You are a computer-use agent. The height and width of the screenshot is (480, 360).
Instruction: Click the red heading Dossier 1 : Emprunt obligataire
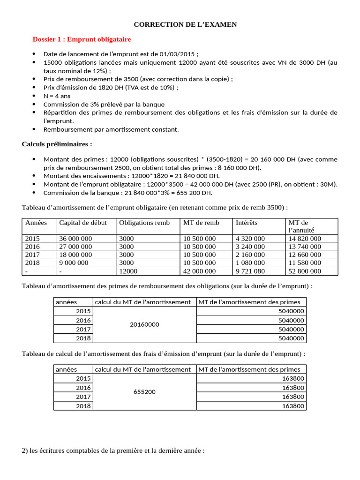[x=82, y=39]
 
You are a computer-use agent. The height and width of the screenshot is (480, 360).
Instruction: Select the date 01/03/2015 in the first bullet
[x=178, y=54]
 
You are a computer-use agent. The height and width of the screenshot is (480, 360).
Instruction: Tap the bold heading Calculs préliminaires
[x=57, y=143]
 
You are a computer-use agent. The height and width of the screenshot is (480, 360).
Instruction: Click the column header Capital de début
[x=82, y=223]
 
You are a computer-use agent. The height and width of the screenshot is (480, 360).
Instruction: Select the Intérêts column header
[x=247, y=223]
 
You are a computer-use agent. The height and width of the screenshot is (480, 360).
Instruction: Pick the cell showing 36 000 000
[x=75, y=239]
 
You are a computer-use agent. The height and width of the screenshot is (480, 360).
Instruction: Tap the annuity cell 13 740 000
[x=305, y=247]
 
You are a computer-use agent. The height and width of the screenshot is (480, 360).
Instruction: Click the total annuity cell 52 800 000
[x=305, y=271]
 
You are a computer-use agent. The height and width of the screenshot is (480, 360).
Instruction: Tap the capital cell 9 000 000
[x=74, y=262]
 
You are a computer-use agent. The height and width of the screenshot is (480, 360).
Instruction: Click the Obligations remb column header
[x=144, y=223]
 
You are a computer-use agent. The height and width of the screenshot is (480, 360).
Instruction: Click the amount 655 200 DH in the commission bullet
[x=194, y=193]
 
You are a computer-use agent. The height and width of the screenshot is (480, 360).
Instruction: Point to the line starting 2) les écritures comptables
[x=113, y=451]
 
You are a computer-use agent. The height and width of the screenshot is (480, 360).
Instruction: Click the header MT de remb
[x=201, y=223]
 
